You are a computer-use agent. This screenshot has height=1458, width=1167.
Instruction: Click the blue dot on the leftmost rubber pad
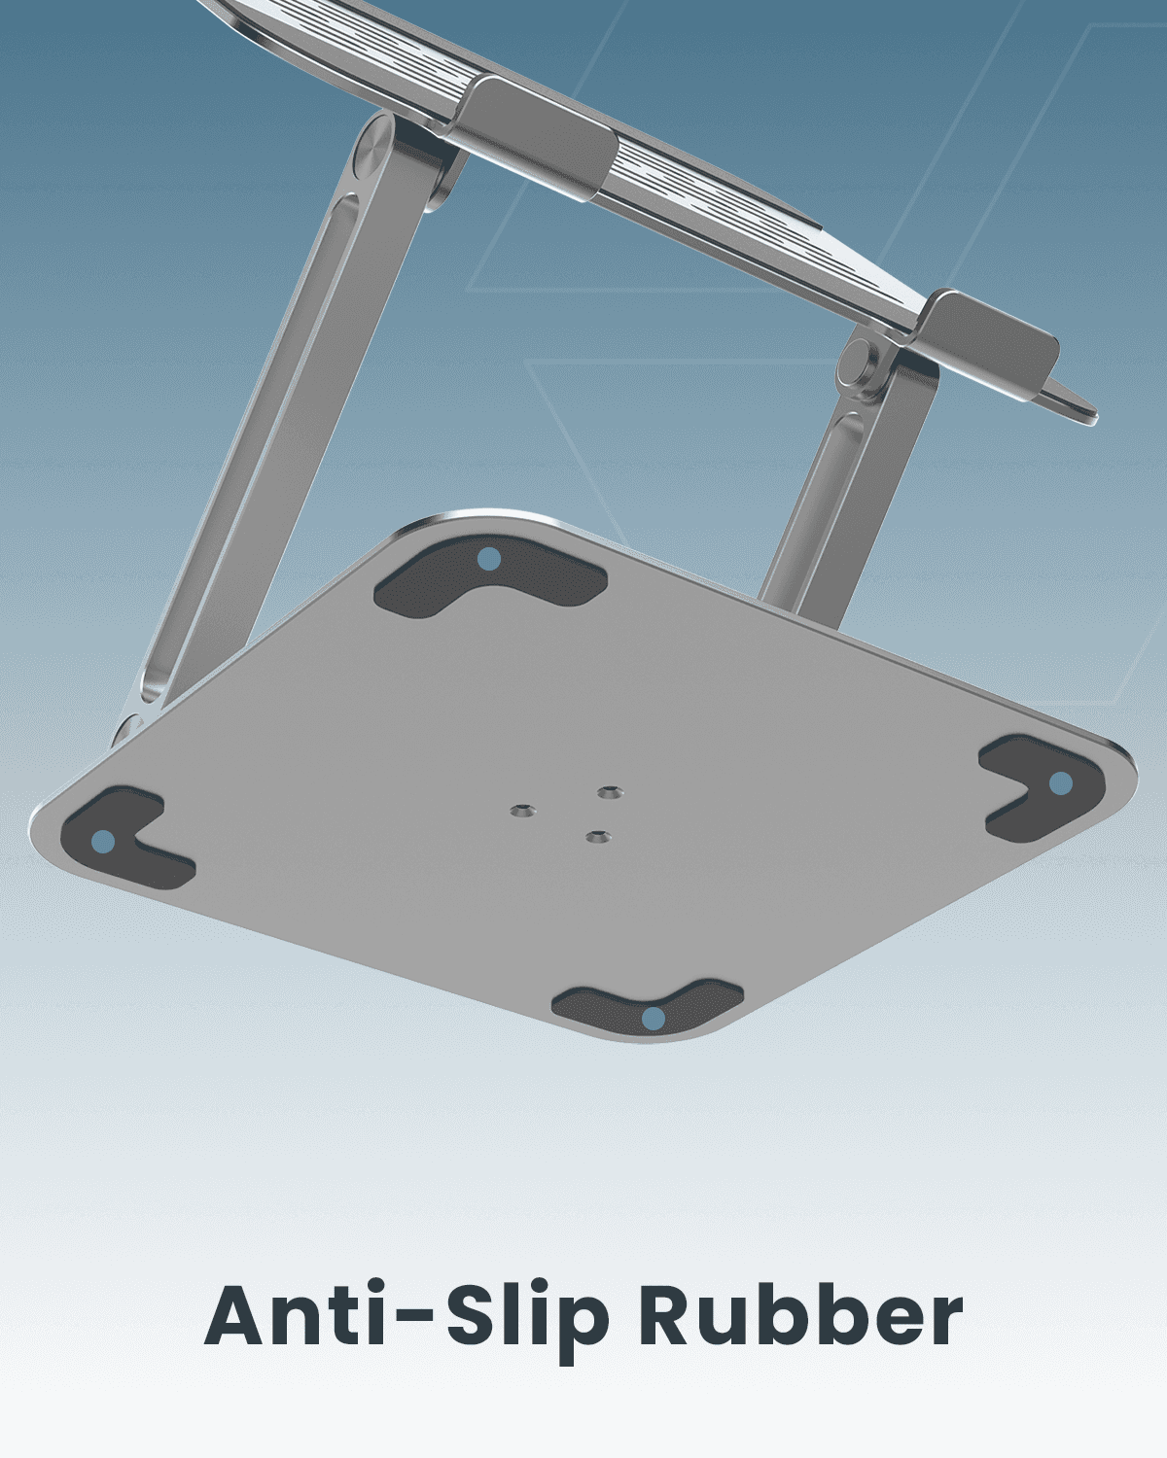(x=102, y=841)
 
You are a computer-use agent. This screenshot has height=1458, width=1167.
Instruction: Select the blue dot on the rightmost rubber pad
(x=1060, y=782)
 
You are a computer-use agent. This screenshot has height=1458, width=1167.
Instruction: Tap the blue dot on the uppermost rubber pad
(x=489, y=559)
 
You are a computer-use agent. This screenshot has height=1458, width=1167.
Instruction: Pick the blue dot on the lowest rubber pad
(x=654, y=1018)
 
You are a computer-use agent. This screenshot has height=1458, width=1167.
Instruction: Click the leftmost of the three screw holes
(x=523, y=809)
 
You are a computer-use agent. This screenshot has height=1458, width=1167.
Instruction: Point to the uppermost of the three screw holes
(x=610, y=793)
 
